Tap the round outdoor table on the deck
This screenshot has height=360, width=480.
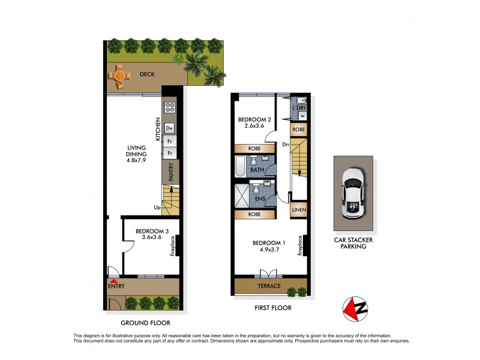coord(119,76)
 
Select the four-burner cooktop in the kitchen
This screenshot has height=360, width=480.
coord(170,109)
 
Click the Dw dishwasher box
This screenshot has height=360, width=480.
coord(170,128)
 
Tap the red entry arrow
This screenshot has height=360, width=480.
coord(114,274)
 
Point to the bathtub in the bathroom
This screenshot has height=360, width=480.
coord(241,166)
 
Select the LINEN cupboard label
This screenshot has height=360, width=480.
coord(299,210)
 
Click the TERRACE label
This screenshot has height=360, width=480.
coord(268,286)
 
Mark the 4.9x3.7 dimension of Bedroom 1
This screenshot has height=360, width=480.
coord(268,250)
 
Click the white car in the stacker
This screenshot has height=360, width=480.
coord(353,193)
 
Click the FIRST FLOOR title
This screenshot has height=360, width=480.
coord(269,308)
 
